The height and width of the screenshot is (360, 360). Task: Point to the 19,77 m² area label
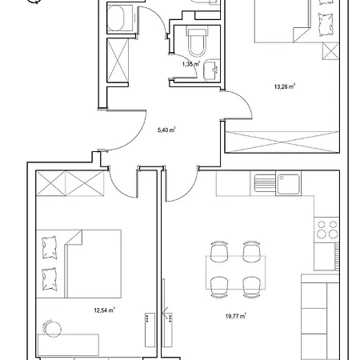[236, 315]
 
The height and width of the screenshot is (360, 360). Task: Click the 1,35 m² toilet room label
[190, 63]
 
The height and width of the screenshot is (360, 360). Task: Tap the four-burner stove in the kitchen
[326, 230]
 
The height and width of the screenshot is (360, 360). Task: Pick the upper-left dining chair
[217, 252]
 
